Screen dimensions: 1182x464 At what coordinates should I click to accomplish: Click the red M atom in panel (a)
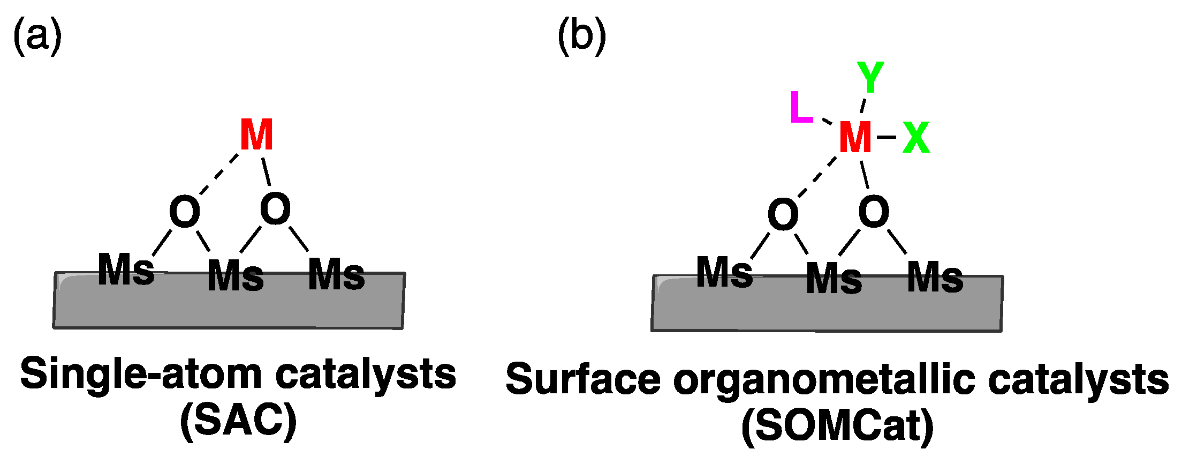point(256,135)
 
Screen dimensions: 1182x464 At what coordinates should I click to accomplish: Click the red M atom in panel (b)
point(855,137)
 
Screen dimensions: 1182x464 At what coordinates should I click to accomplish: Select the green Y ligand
point(870,77)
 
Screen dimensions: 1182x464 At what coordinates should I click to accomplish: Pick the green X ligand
point(916,138)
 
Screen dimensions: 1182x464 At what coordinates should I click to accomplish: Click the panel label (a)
point(37,36)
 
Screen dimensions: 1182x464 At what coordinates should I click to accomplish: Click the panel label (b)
point(582,36)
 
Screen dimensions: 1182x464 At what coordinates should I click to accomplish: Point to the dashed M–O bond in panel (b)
point(817,177)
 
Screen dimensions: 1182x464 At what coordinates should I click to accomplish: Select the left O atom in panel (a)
point(185,212)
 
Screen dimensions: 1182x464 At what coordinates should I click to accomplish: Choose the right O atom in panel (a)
point(275,209)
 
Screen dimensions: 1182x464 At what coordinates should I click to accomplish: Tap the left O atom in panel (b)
point(783,214)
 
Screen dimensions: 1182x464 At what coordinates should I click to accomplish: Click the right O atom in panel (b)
point(874,211)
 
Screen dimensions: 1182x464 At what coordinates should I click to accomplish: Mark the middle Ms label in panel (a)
point(236,276)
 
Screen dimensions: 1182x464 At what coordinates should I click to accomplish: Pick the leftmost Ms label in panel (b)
point(724,272)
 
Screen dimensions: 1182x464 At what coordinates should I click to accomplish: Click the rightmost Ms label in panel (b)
point(935,277)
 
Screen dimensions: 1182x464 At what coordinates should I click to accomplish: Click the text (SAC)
point(238,422)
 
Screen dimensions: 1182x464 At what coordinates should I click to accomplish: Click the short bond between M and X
point(886,137)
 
